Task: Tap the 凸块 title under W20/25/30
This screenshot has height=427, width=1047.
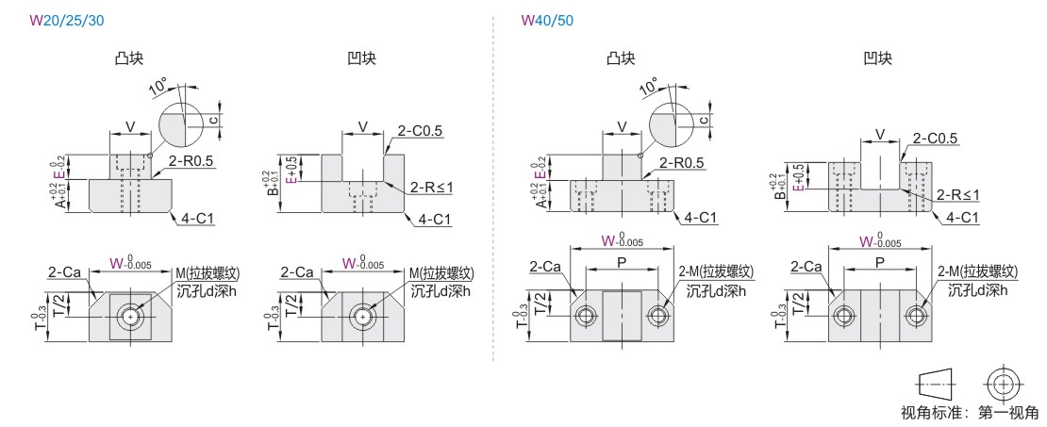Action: (129, 58)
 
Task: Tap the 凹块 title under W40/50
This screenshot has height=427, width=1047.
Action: (877, 58)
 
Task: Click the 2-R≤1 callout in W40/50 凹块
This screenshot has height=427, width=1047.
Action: (958, 195)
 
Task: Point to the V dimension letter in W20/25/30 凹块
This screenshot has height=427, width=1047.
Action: (362, 126)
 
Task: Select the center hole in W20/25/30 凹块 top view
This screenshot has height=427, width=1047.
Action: (363, 316)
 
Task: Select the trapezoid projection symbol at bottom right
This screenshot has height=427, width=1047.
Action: (935, 384)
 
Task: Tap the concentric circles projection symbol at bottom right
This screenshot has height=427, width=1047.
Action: (1003, 384)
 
